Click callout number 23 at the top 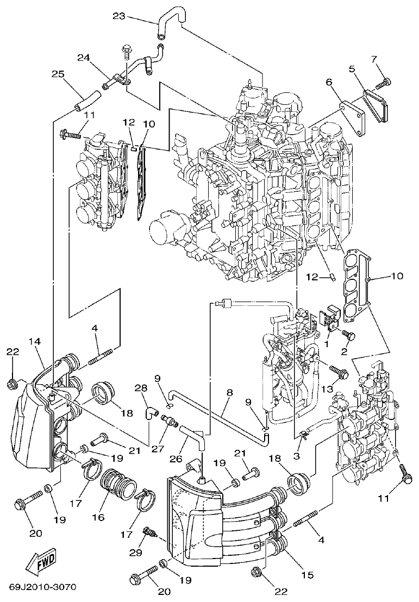[x=119, y=16]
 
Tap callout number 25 [x=58, y=74]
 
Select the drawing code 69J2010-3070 [x=42, y=588]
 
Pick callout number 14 [x=35, y=341]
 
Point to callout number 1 [x=327, y=343]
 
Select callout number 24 [x=83, y=57]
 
